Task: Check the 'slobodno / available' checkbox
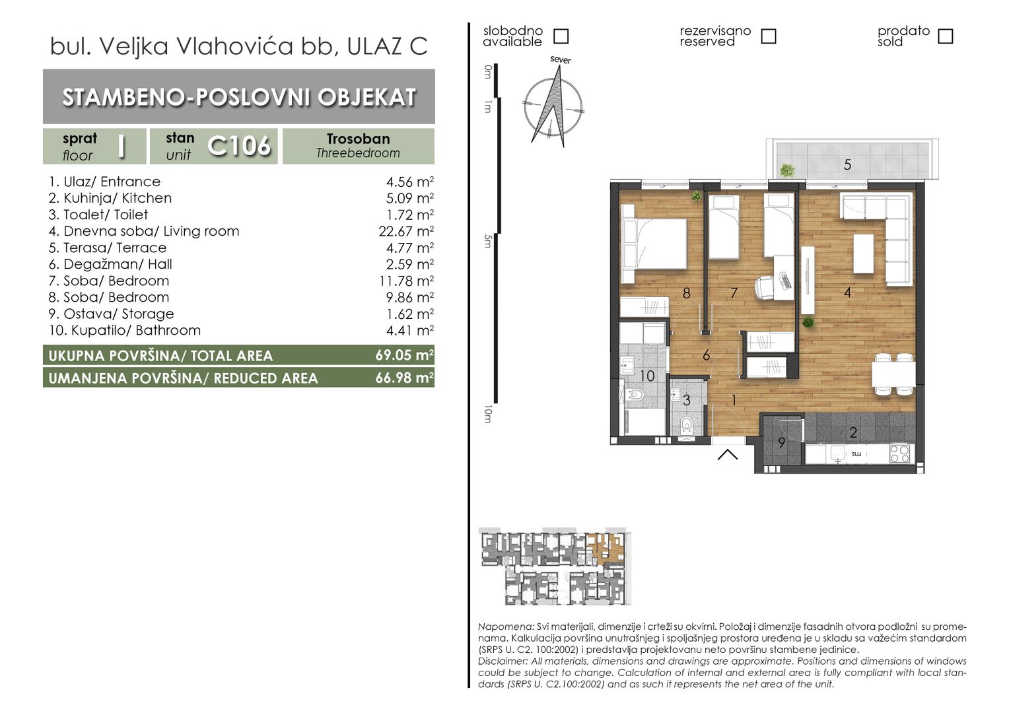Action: click(x=561, y=36)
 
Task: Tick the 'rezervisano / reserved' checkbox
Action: click(x=769, y=36)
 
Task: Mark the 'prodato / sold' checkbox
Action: click(x=946, y=36)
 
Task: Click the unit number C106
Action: click(x=239, y=146)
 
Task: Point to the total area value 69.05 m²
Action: click(x=405, y=355)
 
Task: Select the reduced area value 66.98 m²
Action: click(x=405, y=378)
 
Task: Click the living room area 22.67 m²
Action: click(x=406, y=231)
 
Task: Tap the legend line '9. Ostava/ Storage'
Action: click(x=111, y=314)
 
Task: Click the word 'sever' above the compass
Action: click(x=561, y=60)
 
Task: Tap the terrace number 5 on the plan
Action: click(x=847, y=165)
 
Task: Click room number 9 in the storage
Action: click(x=782, y=443)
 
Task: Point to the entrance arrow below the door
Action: click(x=728, y=455)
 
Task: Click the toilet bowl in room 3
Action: click(x=687, y=424)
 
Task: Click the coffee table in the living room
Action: click(x=864, y=254)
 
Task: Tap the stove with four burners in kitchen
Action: click(x=899, y=454)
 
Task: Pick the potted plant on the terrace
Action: click(x=787, y=170)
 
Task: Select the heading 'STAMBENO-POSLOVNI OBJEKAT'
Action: click(x=239, y=97)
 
